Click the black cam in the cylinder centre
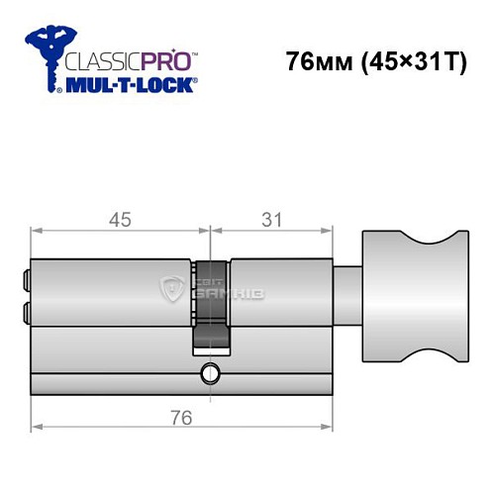(211, 307)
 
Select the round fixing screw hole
(211, 373)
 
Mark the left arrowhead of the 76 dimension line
(37, 429)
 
